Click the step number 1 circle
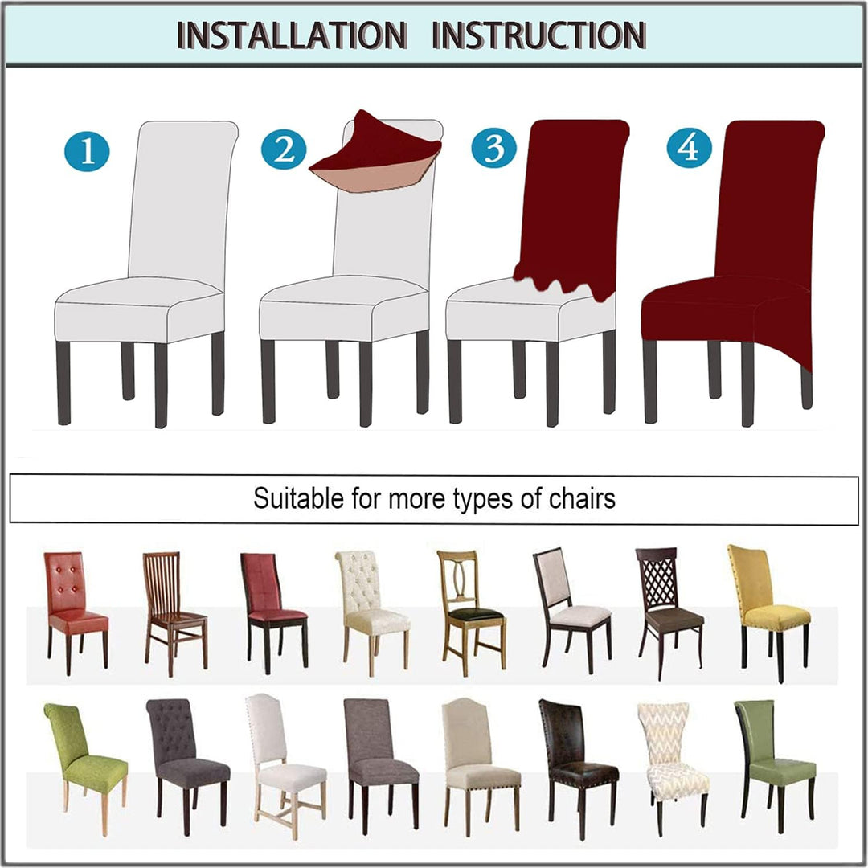87,150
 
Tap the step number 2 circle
284,149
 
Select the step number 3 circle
493,148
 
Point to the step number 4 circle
690,148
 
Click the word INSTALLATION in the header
292,35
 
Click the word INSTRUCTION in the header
538,35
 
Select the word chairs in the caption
582,498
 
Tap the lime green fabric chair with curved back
84,768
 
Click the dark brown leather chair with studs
577,768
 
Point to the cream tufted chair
371,612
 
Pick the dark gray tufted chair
187,766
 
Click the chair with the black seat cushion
471,612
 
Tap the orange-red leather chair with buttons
76,612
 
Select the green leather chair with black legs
775,766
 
